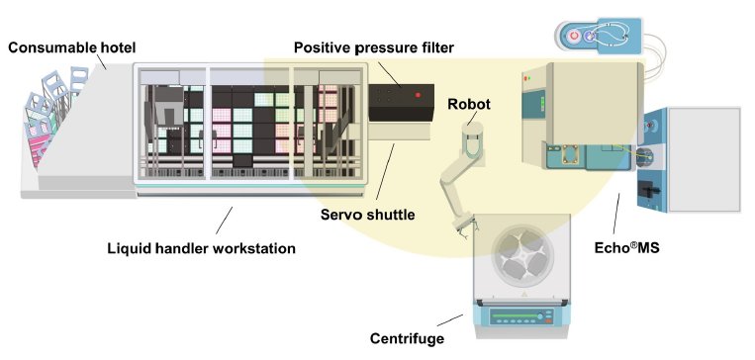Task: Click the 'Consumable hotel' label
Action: [x=72, y=47]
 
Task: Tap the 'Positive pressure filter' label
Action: [x=374, y=47]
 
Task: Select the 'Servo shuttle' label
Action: [x=367, y=215]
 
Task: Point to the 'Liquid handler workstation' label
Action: [x=201, y=248]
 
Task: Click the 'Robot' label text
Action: [x=469, y=104]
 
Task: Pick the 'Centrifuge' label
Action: [x=407, y=338]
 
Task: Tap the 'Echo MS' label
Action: [x=626, y=247]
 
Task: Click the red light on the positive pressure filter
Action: [x=418, y=95]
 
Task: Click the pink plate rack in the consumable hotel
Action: [x=40, y=143]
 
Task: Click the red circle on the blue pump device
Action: [x=574, y=36]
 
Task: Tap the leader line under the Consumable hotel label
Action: [x=101, y=61]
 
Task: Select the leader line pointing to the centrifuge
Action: [x=449, y=320]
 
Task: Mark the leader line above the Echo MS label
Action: [x=615, y=215]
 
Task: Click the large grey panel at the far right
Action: [x=705, y=159]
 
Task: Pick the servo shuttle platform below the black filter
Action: [x=400, y=131]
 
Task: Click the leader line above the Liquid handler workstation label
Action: [x=225, y=221]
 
